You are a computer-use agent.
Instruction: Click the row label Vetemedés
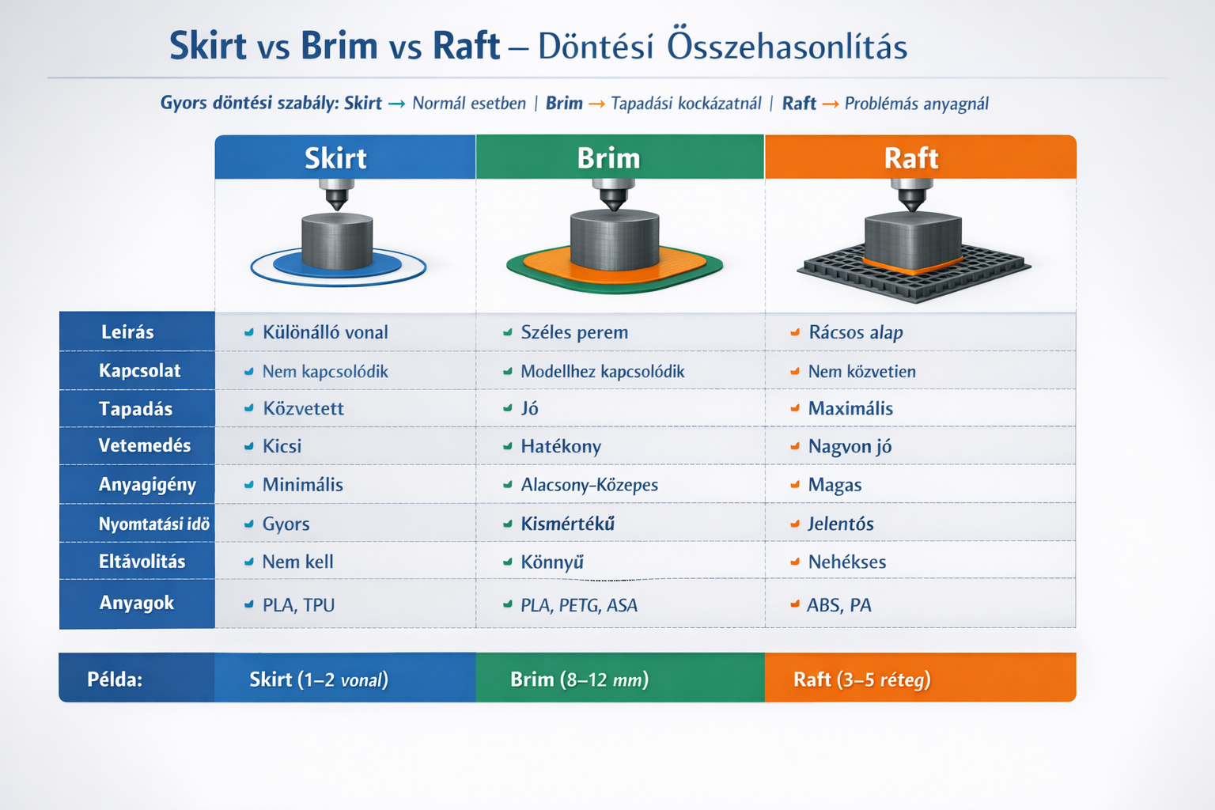144,445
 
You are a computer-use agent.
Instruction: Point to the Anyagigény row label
147,484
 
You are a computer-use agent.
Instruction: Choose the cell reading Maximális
850,408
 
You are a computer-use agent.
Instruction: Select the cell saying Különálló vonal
325,332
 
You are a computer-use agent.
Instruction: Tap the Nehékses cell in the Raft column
846,562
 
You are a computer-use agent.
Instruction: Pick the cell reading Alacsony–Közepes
589,485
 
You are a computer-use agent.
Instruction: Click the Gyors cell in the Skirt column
286,524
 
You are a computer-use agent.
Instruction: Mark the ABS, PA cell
838,605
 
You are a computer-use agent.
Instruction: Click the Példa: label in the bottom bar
115,679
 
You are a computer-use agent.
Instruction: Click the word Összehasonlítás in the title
786,47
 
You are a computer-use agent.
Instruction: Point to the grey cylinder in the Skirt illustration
337,241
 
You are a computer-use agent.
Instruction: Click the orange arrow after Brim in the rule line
596,104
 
